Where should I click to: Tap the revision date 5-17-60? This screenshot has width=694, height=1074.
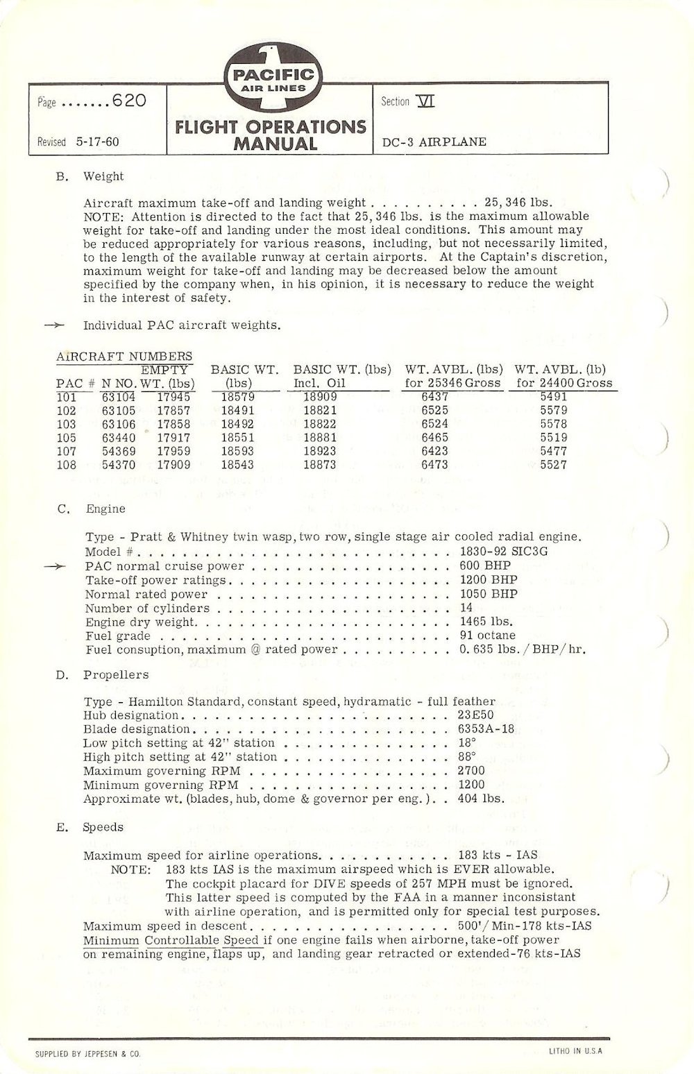tap(96, 142)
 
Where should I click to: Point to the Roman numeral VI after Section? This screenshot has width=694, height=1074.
tap(425, 101)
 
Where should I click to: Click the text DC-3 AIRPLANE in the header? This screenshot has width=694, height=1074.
tap(434, 142)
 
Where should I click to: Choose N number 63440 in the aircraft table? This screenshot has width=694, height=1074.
tap(119, 438)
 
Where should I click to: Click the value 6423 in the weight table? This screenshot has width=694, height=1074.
tap(434, 451)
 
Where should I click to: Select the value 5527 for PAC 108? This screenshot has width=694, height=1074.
tap(553, 465)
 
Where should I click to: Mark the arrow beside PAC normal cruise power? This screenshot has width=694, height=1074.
tap(54, 566)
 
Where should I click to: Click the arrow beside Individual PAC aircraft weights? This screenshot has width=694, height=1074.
tap(54, 325)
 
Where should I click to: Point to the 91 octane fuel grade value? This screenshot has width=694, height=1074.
tap(487, 636)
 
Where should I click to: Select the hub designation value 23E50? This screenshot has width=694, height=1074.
tap(476, 715)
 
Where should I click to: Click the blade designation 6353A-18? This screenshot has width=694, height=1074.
tap(486, 729)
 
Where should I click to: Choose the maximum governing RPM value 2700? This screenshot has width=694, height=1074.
tap(471, 771)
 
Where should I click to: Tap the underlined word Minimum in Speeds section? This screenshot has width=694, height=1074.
tap(111, 940)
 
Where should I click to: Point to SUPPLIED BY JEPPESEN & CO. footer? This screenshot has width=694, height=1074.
tap(87, 1054)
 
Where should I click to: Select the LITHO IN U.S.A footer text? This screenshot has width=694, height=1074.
tap(575, 1051)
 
